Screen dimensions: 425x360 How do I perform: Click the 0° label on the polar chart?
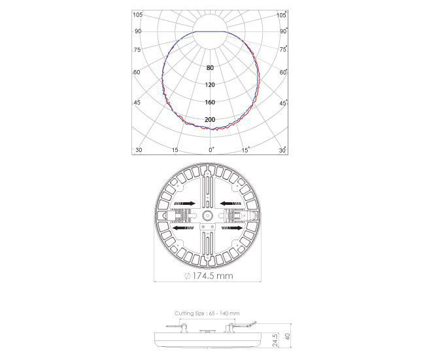[x=211, y=150]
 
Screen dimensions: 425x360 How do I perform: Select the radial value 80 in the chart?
[x=210, y=68]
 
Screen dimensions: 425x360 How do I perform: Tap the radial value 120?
[x=210, y=85]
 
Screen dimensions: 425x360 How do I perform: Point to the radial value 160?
[x=210, y=102]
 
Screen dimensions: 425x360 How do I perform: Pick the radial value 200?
[x=210, y=120]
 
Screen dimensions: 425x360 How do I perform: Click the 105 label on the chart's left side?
[x=137, y=15]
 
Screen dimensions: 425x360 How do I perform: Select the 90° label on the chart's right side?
[x=284, y=31]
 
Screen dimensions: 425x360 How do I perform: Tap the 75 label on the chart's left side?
[x=137, y=50]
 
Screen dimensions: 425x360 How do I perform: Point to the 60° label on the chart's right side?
[x=283, y=72]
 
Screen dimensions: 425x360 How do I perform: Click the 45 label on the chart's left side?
[x=137, y=103]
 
